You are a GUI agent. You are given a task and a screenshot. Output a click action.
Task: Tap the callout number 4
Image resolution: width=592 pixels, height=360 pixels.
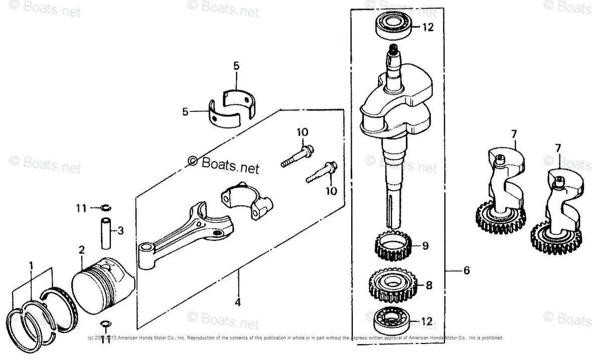237,302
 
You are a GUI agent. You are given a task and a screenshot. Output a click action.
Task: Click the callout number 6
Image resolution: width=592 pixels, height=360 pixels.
467,271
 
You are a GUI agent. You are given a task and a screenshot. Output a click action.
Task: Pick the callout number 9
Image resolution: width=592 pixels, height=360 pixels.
425,246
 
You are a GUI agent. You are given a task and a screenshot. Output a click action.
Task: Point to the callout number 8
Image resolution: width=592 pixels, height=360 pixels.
428,285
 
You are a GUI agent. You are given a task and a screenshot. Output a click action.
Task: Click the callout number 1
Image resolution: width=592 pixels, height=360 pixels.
31,264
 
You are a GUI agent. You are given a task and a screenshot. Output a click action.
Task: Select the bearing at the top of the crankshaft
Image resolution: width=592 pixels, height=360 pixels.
395,26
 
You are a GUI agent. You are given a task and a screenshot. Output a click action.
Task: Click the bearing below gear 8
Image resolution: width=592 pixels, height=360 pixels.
394,320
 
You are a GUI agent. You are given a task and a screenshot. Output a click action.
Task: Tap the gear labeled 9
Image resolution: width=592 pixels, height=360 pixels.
394,246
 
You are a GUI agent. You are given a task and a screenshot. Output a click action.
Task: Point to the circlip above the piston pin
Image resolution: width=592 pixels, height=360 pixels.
106,207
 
